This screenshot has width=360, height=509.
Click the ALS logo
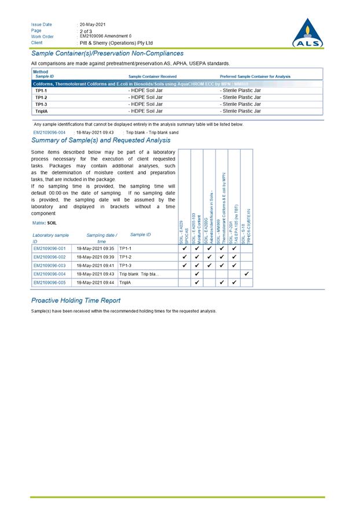[x=308, y=33]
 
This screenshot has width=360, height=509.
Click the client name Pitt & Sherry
[x=116, y=43]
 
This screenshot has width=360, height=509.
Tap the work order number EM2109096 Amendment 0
[x=105, y=36]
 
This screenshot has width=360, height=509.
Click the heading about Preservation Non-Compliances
[x=107, y=53]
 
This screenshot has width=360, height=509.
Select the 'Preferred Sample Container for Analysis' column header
[x=255, y=76]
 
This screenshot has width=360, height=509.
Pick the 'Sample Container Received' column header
[x=153, y=76]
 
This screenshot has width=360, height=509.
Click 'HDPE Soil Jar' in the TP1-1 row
[x=145, y=90]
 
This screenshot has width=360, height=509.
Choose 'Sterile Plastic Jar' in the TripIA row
[x=241, y=111]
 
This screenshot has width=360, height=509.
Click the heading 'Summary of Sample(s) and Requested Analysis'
[x=101, y=140]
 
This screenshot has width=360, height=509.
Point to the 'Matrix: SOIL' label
[x=44, y=223]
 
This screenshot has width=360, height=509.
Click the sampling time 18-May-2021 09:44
[x=95, y=283]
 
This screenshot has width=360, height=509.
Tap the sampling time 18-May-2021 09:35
[x=95, y=248]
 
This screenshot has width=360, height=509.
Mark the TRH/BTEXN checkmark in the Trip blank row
[x=247, y=274]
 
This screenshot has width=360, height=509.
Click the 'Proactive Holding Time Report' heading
[x=76, y=301]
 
